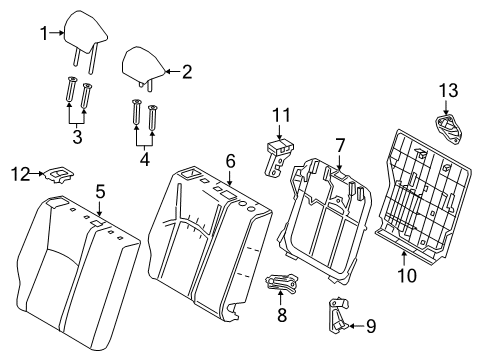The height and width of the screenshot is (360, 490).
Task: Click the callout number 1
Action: pyautogui.click(x=43, y=33)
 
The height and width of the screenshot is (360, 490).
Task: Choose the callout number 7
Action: pyautogui.click(x=339, y=145)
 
